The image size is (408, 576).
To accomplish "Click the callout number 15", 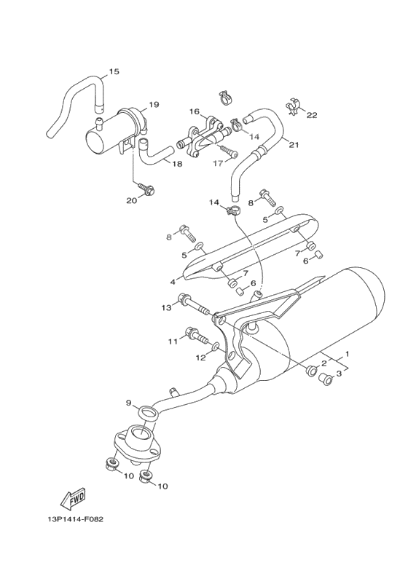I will point(114,71).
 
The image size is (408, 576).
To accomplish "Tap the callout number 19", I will point(154,104).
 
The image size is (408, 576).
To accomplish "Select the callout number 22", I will point(312,115).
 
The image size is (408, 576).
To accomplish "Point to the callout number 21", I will point(294,144).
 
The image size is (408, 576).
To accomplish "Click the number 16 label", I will point(195,111).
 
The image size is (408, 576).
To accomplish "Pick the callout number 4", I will point(173,281).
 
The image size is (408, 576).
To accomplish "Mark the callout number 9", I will point(128,403).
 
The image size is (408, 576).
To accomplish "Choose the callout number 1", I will point(347,354).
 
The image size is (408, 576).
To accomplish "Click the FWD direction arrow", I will point(73,500).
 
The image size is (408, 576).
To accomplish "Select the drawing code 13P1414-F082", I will point(71,521).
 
